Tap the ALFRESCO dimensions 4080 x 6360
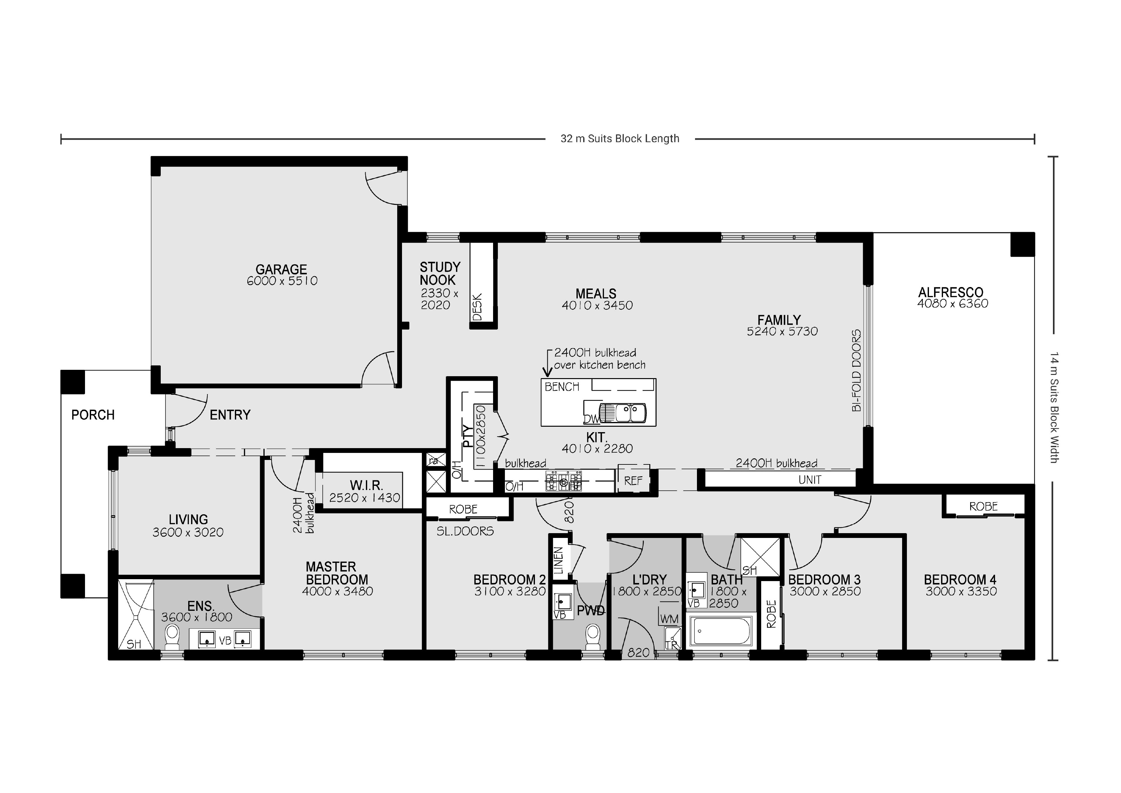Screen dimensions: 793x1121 pyautogui.click(x=953, y=304)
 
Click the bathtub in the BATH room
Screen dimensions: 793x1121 pyautogui.click(x=721, y=631)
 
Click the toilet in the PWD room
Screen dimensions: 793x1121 pyautogui.click(x=593, y=635)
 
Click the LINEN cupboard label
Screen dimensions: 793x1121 pyautogui.click(x=559, y=560)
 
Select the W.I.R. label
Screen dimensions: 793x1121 pyautogui.click(x=366, y=486)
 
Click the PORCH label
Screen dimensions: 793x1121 pyautogui.click(x=93, y=415)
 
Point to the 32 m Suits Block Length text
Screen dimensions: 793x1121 pyautogui.click(x=620, y=139)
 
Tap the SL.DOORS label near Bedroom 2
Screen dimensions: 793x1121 pyautogui.click(x=465, y=531)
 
